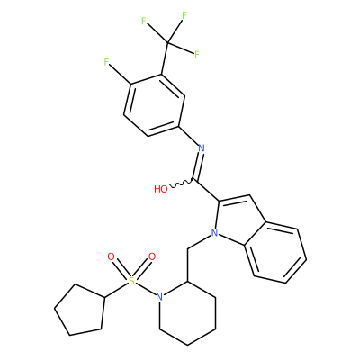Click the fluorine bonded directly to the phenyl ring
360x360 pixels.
[x=106, y=62]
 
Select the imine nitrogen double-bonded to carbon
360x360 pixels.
[x=202, y=148]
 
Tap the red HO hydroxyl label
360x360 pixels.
[x=161, y=189]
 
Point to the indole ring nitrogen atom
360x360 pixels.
[x=214, y=233]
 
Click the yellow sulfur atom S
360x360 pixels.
[x=131, y=282]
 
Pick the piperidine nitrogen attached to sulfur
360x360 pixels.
[x=159, y=297]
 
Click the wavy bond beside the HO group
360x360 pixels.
[x=182, y=184]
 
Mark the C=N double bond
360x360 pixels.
[x=198, y=166]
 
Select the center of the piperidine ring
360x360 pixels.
[x=187, y=313]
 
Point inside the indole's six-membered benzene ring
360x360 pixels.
[x=275, y=253]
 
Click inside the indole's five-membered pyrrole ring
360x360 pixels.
[x=238, y=220]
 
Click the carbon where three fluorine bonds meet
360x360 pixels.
[x=168, y=43]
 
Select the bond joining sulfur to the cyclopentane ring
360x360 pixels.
[x=116, y=290]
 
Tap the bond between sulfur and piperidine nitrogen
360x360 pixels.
[x=146, y=289]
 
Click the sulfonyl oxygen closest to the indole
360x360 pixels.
[x=152, y=256]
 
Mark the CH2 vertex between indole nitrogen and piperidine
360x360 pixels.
[x=187, y=248]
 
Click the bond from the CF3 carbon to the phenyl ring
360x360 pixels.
[x=165, y=58]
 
